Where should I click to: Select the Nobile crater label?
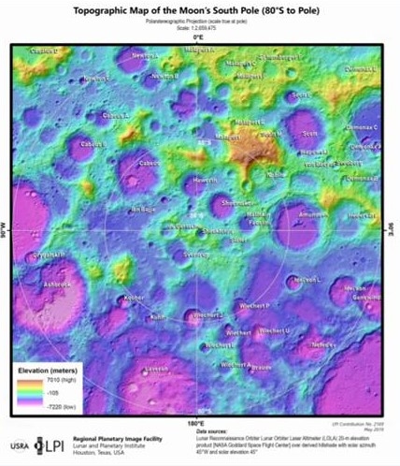tap(277, 174)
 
